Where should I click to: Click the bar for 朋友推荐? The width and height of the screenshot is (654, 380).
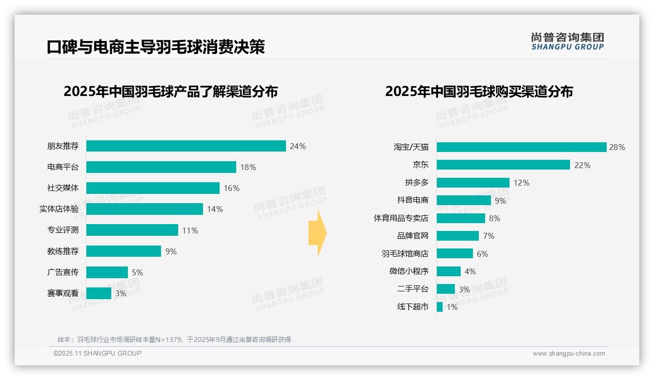[x=186, y=146]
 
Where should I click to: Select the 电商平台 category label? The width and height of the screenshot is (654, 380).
[x=62, y=167]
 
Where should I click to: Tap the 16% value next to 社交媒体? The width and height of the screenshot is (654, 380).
[x=232, y=188]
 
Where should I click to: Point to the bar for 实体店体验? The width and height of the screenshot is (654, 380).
[x=144, y=209]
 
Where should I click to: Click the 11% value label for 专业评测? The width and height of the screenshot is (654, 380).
[x=190, y=230]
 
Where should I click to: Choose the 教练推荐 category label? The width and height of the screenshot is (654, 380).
[x=62, y=251]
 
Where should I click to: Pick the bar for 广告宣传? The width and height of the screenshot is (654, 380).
[x=107, y=272]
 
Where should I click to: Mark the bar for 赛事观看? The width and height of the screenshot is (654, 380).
[x=99, y=293]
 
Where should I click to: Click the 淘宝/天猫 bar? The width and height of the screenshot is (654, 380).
[x=521, y=147]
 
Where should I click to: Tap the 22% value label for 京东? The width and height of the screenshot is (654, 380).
[x=582, y=165]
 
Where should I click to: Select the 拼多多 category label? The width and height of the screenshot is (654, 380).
[x=416, y=183]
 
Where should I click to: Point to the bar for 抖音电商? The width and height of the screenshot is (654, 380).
[x=464, y=200]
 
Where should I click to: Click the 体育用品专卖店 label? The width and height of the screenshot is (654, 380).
[x=401, y=218]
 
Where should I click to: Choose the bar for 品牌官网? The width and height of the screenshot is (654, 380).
[x=457, y=236]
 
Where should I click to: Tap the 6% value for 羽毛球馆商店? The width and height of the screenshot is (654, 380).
[x=482, y=254]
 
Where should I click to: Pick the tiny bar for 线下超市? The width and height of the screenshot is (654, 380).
[x=440, y=307]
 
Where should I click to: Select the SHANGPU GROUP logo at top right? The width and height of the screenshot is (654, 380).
[x=567, y=41]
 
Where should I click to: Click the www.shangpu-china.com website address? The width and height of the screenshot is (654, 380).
[x=569, y=354]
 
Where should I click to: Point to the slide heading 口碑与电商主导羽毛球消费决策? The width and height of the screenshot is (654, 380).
[x=156, y=47]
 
